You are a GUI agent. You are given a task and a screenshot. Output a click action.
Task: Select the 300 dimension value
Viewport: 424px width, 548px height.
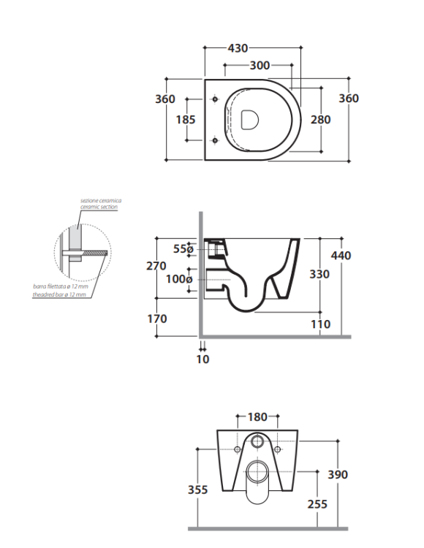[259, 66]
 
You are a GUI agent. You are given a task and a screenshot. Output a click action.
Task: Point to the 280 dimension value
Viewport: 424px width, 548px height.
[320, 119]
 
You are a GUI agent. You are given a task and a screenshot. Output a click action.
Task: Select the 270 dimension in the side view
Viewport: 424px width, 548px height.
[156, 266]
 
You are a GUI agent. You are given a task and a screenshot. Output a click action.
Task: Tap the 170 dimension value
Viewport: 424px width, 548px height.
[156, 319]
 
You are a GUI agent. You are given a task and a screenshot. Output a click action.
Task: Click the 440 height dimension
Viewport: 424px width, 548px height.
[341, 256]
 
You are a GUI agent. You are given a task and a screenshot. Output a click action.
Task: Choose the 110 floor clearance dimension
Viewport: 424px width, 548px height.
[320, 324]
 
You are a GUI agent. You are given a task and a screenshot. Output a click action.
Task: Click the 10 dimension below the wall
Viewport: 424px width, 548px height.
[202, 359]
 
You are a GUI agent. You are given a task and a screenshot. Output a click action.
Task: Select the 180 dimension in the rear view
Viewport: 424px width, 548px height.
[257, 417]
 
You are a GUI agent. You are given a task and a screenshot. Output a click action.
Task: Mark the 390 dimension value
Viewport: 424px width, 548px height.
[338, 474]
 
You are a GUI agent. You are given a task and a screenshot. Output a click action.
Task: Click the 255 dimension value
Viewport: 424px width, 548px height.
[317, 503]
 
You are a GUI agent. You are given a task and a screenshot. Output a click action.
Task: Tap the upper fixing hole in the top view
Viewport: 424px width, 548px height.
[214, 99]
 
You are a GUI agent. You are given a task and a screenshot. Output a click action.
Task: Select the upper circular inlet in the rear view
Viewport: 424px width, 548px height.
[257, 443]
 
